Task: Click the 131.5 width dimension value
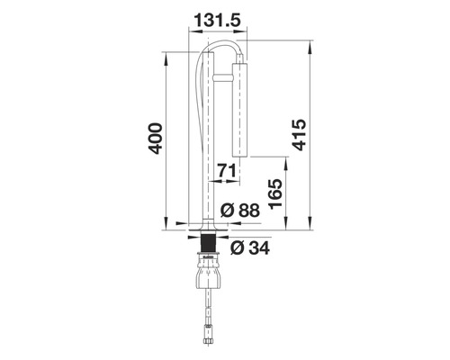click(x=218, y=19)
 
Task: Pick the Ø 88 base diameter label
click(x=238, y=211)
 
